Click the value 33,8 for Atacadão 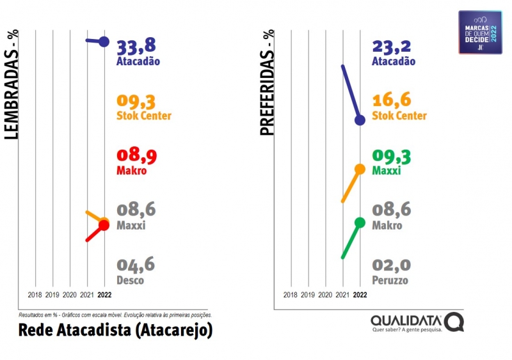coord(136,47)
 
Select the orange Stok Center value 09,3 coord(136,101)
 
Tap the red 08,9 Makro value coord(136,156)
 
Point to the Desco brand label coord(130,280)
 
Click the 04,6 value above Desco coord(136,265)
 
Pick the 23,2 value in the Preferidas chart coord(391,47)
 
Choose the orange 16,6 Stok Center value coord(391,101)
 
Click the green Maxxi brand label coord(386,171)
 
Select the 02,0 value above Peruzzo coord(391,265)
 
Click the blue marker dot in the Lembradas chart coord(104,42)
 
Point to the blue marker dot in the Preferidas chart coord(360,120)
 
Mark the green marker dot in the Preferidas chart coord(360,223)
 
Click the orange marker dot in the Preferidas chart coord(360,169)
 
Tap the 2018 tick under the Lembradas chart coord(35,295)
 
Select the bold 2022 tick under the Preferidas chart coord(360,295)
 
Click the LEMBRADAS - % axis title coord(12,87)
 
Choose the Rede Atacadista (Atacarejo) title coord(115,331)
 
